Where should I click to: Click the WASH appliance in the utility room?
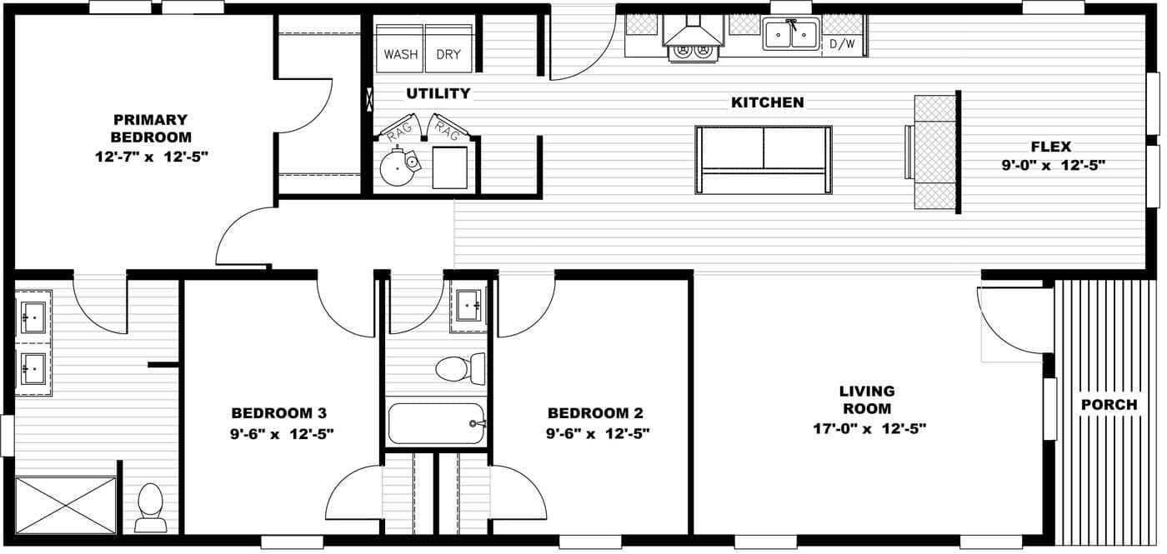pos(400,49)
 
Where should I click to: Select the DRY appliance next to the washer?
pos(448,49)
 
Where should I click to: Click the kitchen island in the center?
pos(764,160)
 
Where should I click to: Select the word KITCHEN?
pos(767,102)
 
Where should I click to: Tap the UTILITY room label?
pos(438,93)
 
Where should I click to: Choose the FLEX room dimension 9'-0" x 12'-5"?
pos(1053,165)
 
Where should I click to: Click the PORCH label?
pos(1109,405)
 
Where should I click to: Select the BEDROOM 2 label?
pos(595,413)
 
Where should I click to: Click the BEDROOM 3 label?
pos(278,413)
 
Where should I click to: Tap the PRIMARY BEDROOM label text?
pos(151,128)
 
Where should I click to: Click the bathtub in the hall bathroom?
pos(436,423)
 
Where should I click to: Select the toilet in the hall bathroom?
pos(459,368)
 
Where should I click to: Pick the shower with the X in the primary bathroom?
pos(66,505)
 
